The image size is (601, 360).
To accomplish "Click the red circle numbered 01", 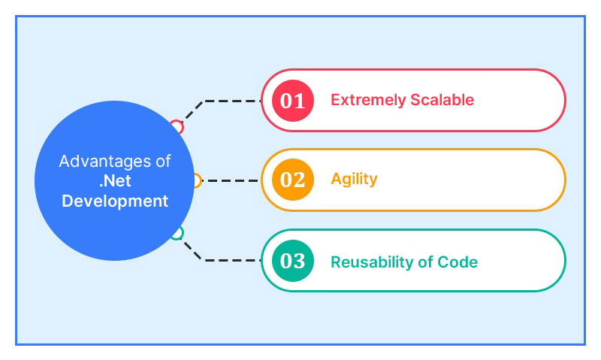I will (x=292, y=100).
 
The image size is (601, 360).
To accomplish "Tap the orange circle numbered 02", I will (x=292, y=180).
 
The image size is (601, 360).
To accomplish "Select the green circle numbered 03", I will (x=292, y=261).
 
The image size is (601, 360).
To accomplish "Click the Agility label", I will (x=354, y=180).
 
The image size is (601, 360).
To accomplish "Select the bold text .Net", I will (x=115, y=181).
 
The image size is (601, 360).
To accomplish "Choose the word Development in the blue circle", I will (x=115, y=201).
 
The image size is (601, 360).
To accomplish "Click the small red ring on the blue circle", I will (x=177, y=126).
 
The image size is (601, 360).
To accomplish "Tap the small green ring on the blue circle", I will (x=176, y=234).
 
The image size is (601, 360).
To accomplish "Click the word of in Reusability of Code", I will (x=427, y=262).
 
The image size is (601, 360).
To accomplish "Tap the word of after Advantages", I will (x=162, y=162).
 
